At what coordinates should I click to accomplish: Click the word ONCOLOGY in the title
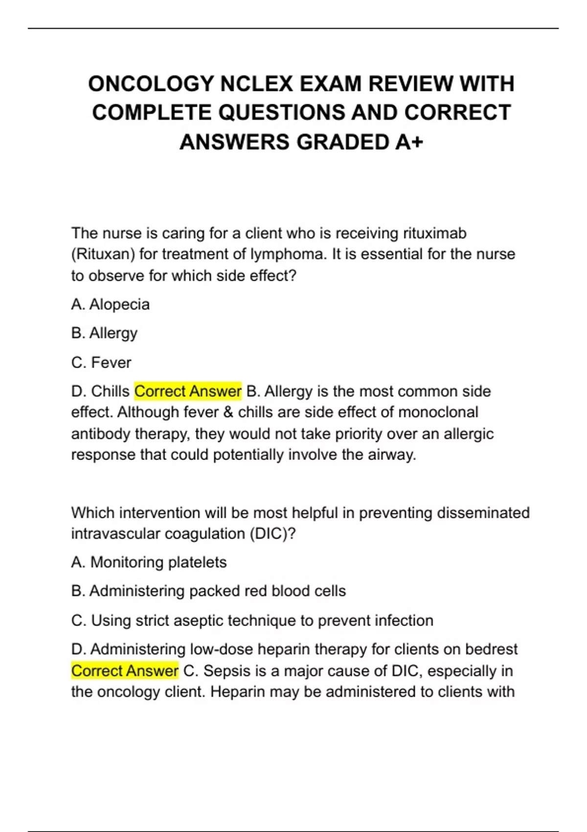151,84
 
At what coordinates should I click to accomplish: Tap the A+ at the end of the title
409,142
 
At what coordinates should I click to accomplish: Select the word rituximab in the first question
435,233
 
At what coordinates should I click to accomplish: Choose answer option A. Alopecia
111,304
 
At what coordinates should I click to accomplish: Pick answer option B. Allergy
104,333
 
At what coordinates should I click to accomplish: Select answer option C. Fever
101,363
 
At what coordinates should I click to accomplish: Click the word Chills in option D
111,392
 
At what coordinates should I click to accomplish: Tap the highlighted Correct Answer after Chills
188,392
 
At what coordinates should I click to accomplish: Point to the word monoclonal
438,412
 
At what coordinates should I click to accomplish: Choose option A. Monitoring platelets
149,562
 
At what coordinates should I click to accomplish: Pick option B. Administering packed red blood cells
208,591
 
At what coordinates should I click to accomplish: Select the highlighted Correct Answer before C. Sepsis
125,670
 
